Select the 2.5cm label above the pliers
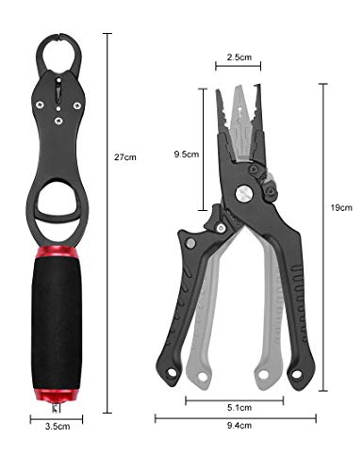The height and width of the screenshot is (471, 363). [x=239, y=57]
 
